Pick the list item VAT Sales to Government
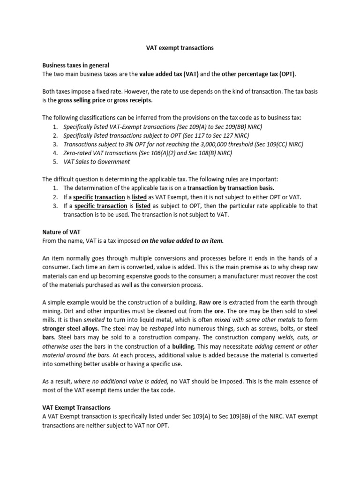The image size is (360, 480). [97, 162]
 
